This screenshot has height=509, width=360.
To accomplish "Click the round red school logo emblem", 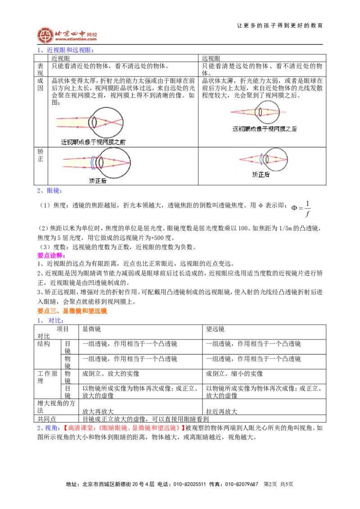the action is (45, 35).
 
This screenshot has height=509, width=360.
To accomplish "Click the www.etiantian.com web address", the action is (76, 39).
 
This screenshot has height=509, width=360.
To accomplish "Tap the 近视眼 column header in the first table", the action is (61, 58).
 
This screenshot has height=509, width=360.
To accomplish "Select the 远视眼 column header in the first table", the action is (211, 58).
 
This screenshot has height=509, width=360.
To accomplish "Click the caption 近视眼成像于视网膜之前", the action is (93, 142).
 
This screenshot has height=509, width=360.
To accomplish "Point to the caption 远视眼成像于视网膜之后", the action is (265, 129).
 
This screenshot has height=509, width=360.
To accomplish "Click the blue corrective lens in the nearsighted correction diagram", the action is (92, 162).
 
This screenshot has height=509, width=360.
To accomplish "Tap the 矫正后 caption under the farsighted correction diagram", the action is (261, 174).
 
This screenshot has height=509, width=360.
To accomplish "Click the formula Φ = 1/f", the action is (301, 208).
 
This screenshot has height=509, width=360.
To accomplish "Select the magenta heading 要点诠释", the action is (51, 255).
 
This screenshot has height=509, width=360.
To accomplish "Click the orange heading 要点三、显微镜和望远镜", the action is (72, 311).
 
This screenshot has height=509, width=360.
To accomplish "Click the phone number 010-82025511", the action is (189, 484).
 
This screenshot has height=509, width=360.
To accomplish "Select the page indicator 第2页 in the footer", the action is (270, 484).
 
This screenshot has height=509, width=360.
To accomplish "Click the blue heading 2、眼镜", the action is (49, 191).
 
